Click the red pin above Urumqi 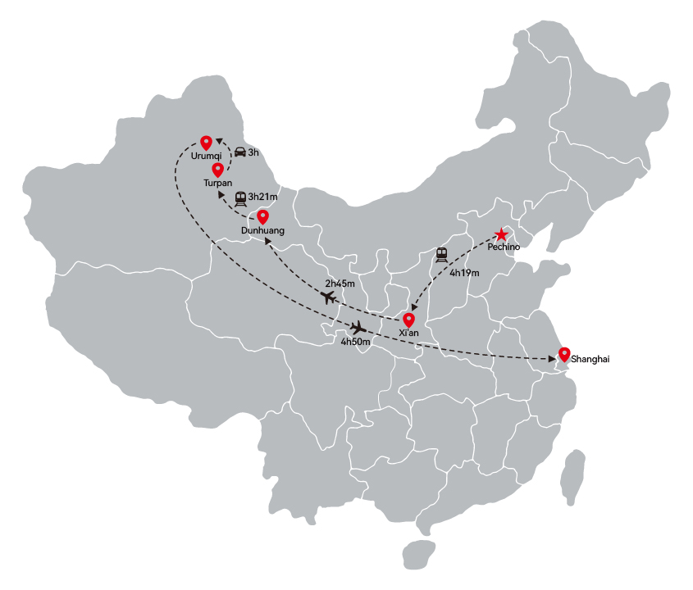[x=206, y=143]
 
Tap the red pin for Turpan [x=217, y=170]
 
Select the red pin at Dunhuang [x=263, y=217]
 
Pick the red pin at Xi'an [x=408, y=320]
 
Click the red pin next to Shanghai [x=564, y=355]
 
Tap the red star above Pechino [x=501, y=234]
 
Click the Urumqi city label [x=206, y=157]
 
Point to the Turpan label [x=218, y=183]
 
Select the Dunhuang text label [x=263, y=230]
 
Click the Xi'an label [x=408, y=333]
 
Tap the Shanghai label [x=590, y=359]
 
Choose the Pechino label [x=504, y=247]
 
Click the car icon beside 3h [x=240, y=152]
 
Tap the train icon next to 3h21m [x=240, y=199]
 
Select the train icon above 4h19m [x=441, y=255]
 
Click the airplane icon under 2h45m [x=328, y=297]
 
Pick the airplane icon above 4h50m [x=358, y=328]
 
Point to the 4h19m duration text [x=464, y=273]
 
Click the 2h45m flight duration [x=340, y=284]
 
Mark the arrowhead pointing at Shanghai [x=552, y=359]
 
